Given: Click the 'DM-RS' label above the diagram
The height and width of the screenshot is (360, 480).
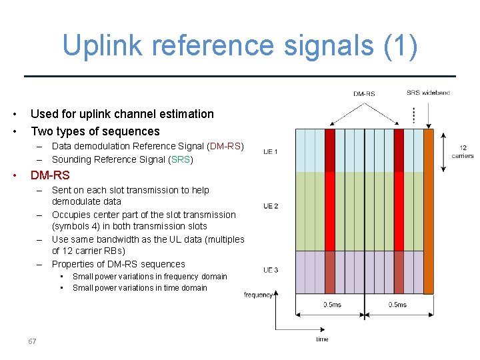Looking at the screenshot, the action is [x=364, y=94].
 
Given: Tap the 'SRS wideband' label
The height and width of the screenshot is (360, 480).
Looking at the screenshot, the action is [x=428, y=93].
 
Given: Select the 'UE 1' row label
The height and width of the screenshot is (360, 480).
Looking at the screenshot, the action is [x=271, y=152].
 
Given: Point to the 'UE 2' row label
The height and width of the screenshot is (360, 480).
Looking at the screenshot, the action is [x=271, y=207].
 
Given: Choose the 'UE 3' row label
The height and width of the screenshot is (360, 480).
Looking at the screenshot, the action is [x=271, y=270].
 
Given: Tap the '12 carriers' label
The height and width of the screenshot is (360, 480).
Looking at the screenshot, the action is [x=463, y=152].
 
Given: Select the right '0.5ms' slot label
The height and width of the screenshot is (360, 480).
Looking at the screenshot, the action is [x=397, y=304].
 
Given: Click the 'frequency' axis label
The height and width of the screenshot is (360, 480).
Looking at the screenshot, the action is [x=258, y=294].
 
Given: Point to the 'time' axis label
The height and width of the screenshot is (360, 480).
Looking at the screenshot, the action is [x=322, y=339].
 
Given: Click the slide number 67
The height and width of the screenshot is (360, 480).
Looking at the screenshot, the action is [x=32, y=341].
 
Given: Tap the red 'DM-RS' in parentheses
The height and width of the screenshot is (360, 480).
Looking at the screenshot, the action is [x=225, y=146].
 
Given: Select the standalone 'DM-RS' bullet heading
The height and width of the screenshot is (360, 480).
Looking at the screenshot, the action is [x=50, y=175].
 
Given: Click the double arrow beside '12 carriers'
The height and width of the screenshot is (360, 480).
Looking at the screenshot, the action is [x=445, y=151].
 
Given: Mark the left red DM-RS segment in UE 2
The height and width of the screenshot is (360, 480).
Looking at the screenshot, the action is [x=329, y=211].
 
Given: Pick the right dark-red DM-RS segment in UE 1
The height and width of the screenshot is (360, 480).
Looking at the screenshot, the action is [x=398, y=151].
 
